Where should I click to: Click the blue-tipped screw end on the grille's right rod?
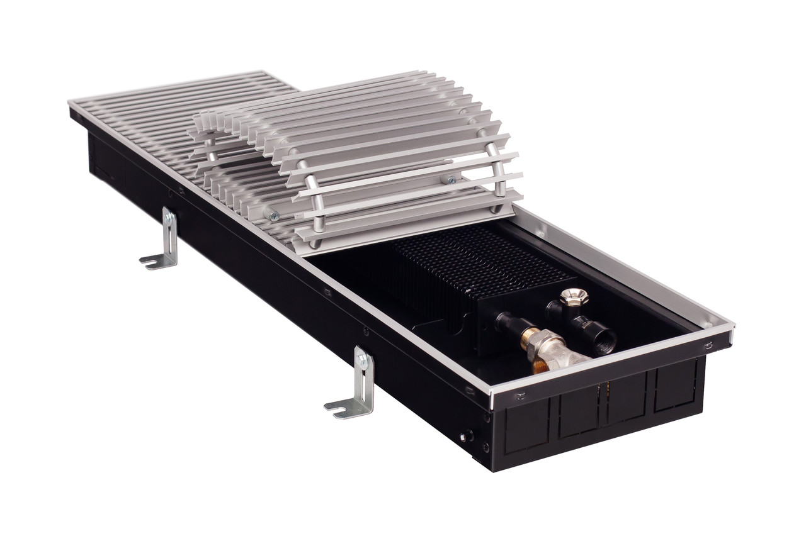(x=451, y=180)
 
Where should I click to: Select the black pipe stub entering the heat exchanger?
(x=507, y=322)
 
